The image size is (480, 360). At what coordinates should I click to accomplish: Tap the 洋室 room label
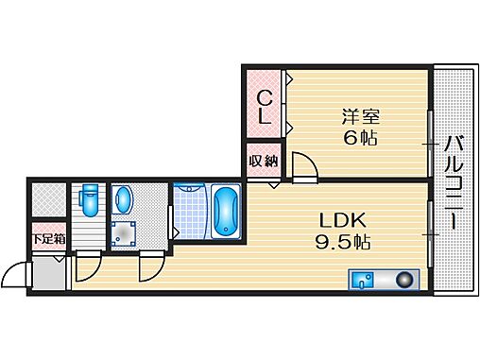pyautogui.click(x=359, y=117)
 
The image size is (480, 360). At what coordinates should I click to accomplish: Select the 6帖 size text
pyautogui.click(x=359, y=138)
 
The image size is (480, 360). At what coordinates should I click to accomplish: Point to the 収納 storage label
pyautogui.click(x=263, y=160)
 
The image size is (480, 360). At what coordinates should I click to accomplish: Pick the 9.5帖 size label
pyautogui.click(x=340, y=241)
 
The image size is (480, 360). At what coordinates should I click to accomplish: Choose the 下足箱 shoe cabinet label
pyautogui.click(x=48, y=239)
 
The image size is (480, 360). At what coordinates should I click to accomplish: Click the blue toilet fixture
pyautogui.click(x=88, y=200)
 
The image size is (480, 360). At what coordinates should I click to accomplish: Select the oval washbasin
pyautogui.click(x=124, y=200)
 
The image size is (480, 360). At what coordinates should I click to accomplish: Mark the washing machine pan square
pyautogui.click(x=124, y=232)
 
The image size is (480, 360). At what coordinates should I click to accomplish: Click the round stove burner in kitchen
pyautogui.click(x=406, y=280)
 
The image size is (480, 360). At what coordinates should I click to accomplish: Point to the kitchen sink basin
pyautogui.click(x=363, y=280)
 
